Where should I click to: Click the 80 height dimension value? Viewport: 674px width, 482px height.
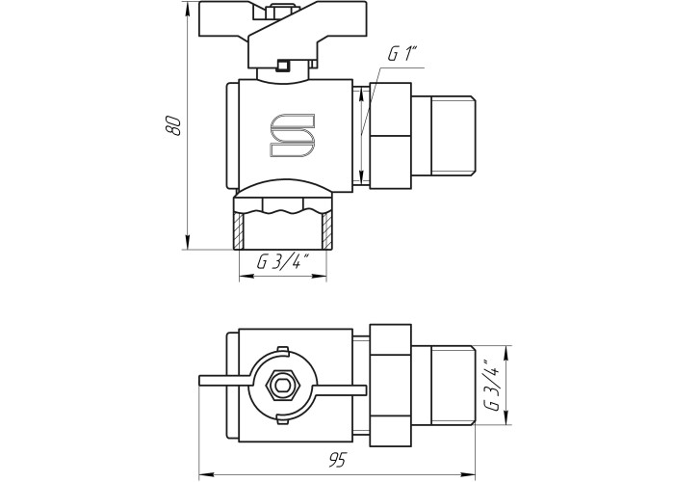coord(174,126)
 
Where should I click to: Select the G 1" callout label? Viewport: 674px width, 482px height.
coord(403,55)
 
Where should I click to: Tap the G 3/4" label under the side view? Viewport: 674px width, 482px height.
coord(282,262)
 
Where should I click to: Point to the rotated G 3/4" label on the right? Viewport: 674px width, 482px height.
coord(493,385)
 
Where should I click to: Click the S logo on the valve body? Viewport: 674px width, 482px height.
coord(293,135)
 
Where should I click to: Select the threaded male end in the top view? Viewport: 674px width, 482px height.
coord(453,385)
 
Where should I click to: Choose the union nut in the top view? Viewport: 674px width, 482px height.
coord(394,385)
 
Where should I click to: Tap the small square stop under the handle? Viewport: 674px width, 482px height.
coord(282,67)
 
